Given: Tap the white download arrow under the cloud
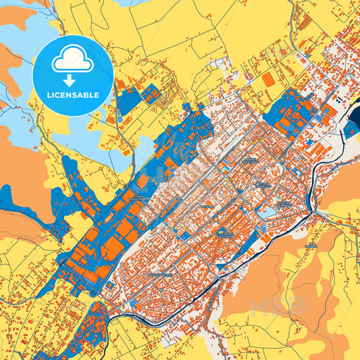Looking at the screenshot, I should (71, 79).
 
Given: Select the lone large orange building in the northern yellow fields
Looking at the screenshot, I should (268, 80).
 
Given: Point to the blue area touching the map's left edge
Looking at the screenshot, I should (5, 197).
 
